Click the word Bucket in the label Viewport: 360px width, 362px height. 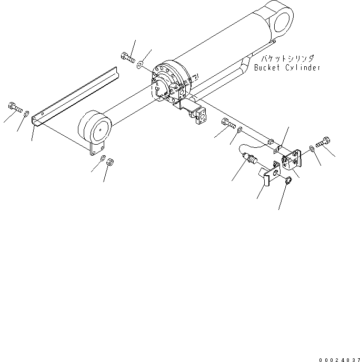[267, 67]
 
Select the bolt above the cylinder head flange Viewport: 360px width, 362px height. [127, 56]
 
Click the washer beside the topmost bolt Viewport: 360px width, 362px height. [140, 65]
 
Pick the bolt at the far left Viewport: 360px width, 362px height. [14, 108]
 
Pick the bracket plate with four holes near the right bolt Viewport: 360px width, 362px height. [293, 160]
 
